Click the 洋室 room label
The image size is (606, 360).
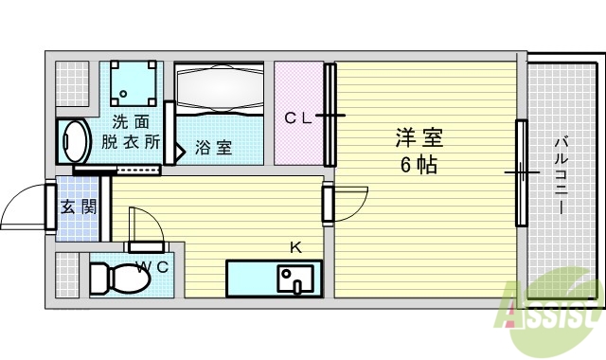coord(418,137)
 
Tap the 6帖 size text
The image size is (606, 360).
coord(418,164)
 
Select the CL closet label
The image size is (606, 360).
coord(298,118)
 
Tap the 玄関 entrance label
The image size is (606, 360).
coord(78,207)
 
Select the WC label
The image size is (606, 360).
coord(152,266)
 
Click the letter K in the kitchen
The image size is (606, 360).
coord(295,248)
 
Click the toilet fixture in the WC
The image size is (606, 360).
coord(115,279)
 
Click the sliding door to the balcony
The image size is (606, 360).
coord(521,173)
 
